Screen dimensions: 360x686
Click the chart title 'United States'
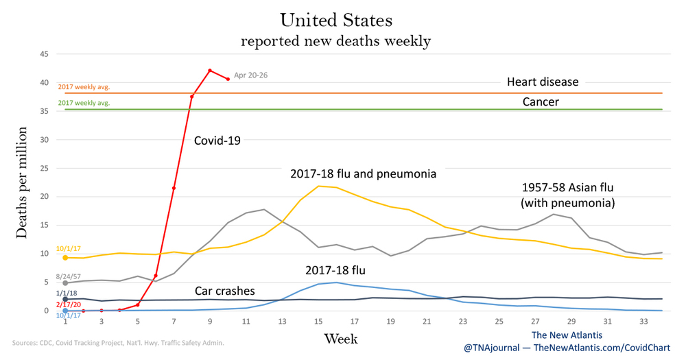[335, 19]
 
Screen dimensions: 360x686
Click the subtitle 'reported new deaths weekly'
[335, 41]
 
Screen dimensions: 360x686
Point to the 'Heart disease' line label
[543, 82]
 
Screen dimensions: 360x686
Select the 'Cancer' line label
[542, 101]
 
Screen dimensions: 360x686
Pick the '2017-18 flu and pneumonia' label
[364, 174]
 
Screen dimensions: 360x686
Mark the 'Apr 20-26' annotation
[252, 76]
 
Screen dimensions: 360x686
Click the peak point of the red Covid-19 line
[210, 71]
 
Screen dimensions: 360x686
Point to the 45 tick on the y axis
[43, 54]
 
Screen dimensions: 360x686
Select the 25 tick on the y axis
[43, 168]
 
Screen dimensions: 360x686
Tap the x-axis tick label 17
[354, 321]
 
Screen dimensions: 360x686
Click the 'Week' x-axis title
[341, 339]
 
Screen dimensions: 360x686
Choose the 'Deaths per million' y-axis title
[23, 182]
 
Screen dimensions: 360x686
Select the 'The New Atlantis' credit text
[567, 334]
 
